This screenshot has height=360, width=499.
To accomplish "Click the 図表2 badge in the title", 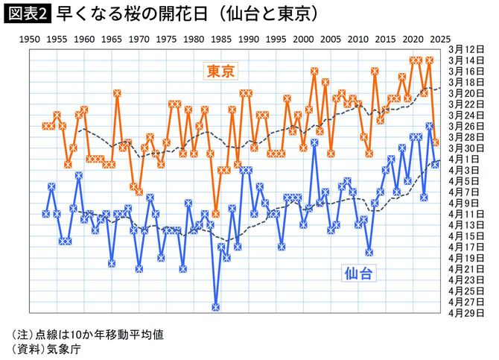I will point(26,13).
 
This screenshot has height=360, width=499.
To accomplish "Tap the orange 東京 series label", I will point(221,72).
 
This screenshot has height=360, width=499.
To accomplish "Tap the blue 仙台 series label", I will point(358,274).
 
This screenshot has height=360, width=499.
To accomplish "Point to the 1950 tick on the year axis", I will point(31,37).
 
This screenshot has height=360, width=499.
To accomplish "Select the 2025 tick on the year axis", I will point(440,37).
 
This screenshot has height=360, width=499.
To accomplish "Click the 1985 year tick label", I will point(221,37).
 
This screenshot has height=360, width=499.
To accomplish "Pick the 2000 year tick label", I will point(304,37).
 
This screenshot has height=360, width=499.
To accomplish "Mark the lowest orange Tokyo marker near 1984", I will point(216,213).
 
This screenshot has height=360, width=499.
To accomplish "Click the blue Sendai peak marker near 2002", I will point(314,142).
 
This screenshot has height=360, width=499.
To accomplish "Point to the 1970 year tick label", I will point(139,37).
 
